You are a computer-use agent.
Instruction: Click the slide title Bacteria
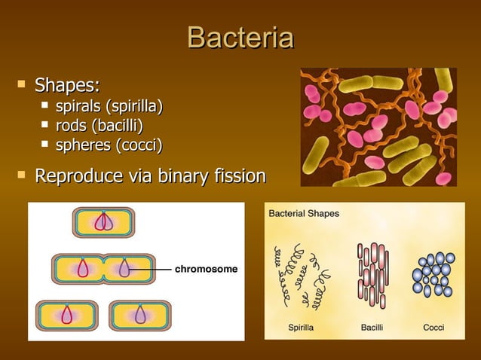coord(240,38)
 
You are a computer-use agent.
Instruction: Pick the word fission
coord(237,177)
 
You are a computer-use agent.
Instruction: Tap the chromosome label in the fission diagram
coord(206,268)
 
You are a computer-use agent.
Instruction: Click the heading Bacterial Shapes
coord(305,214)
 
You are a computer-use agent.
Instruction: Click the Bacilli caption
coord(372,328)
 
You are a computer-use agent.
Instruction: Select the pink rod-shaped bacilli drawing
coord(371,274)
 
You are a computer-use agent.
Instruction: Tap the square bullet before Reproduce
coord(20,175)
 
